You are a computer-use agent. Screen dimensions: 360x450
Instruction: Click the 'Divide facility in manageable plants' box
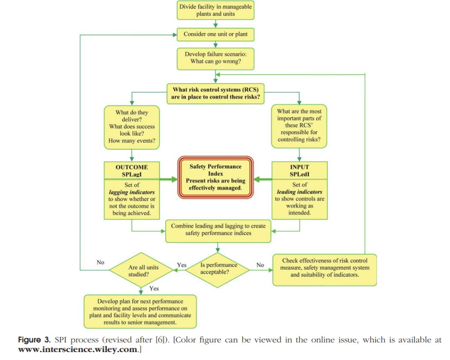coord(216,10)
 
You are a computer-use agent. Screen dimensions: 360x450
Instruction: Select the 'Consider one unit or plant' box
coord(216,34)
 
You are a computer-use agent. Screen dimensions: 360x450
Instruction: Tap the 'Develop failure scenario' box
coord(216,58)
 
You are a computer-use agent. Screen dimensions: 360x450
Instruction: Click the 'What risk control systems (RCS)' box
coord(215,93)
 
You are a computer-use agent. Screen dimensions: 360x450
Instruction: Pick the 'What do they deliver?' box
coord(132,127)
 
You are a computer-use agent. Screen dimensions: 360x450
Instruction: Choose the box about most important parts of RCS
coord(299,125)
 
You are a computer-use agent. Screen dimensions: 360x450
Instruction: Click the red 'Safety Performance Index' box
coord(216,177)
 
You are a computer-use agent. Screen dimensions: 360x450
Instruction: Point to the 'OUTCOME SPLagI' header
coord(132,170)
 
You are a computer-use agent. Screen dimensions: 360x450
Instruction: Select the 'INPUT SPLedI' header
coord(299,170)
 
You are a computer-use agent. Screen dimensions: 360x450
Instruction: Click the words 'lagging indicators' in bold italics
coord(132,192)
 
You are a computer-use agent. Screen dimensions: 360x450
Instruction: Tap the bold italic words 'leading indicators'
coord(299,192)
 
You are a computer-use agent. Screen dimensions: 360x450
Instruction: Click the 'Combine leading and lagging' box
coord(218,229)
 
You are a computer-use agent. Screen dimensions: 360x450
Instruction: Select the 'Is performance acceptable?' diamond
coord(218,268)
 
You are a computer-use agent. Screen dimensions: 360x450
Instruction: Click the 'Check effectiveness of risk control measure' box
coord(325,268)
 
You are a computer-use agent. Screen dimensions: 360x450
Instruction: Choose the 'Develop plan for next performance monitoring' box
coord(140,312)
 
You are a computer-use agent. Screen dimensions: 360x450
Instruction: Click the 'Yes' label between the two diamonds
coord(181,265)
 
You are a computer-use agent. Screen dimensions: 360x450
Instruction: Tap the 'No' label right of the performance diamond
coord(260,265)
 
